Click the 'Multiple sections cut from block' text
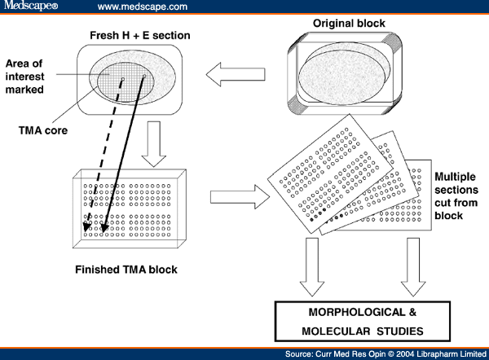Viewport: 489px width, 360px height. point(456,195)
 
